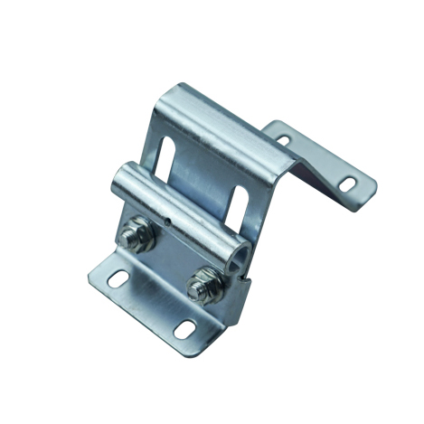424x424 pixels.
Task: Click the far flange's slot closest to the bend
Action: click(x=284, y=140)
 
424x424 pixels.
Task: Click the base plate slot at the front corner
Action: click(x=184, y=326)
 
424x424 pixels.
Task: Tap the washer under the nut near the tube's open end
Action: click(x=203, y=298)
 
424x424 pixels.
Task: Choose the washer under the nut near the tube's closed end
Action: click(x=136, y=246)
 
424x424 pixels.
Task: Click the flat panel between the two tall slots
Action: click(x=203, y=172)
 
